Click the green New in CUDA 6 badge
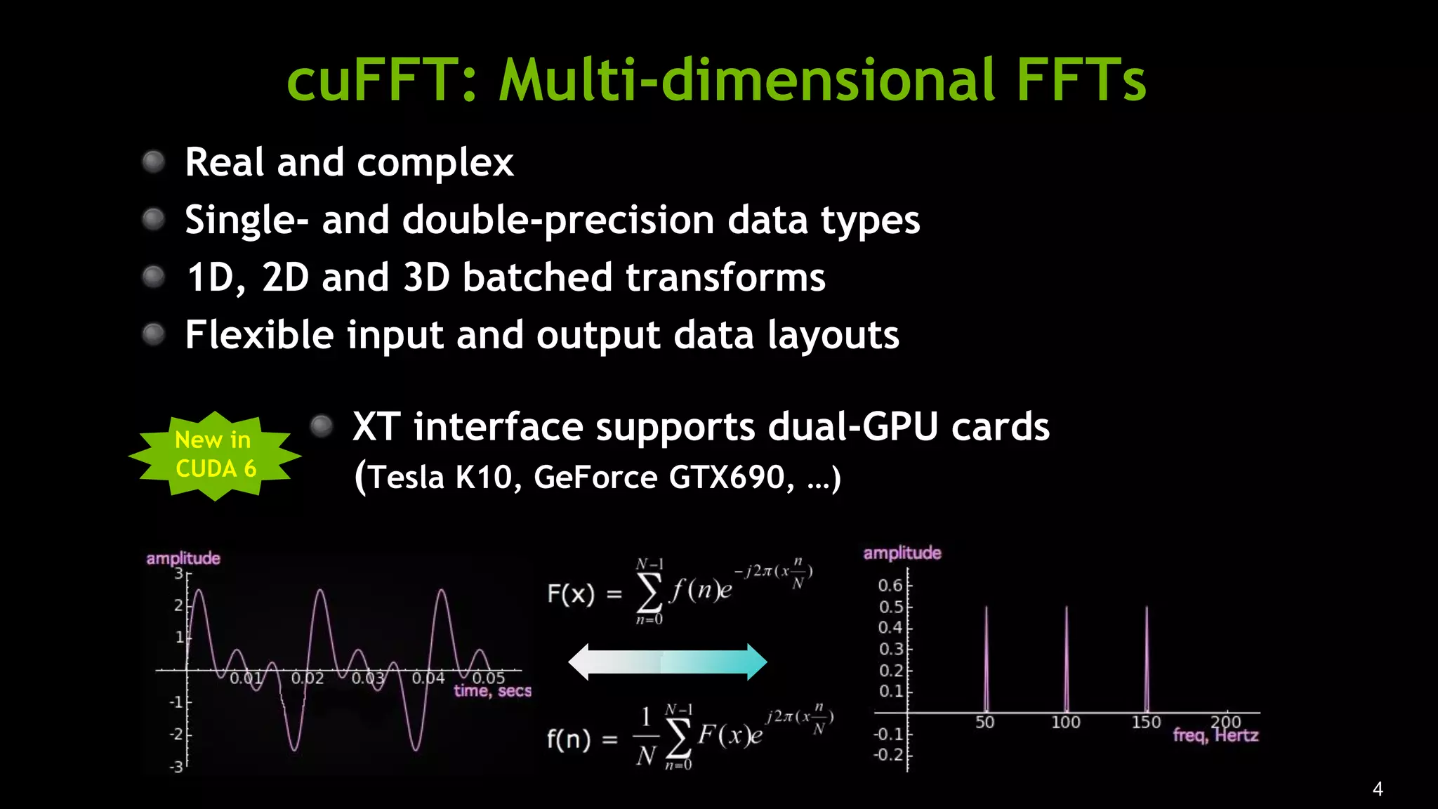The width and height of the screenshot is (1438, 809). (x=215, y=455)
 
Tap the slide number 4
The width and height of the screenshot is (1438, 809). (x=1378, y=789)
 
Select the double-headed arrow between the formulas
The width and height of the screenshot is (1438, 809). (x=667, y=662)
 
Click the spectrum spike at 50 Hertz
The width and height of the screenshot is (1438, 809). (x=986, y=660)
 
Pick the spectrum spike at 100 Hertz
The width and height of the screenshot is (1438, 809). (x=1066, y=660)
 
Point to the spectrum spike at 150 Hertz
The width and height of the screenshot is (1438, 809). (x=1147, y=660)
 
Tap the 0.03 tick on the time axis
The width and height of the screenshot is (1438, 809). (x=369, y=678)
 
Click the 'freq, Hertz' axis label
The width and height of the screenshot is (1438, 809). (x=1215, y=735)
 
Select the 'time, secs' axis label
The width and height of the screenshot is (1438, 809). (x=492, y=691)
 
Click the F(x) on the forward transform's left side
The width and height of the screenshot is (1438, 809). (x=571, y=594)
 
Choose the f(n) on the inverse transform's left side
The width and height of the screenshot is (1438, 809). (x=569, y=739)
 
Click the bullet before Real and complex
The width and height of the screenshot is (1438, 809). (x=153, y=162)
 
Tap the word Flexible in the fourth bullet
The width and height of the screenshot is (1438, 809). (x=259, y=334)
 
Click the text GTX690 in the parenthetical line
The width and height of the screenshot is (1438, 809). (x=727, y=478)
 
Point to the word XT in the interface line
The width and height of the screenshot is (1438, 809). (x=376, y=427)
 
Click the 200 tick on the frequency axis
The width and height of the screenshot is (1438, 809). (x=1226, y=721)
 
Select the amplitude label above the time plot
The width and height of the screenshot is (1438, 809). (x=183, y=558)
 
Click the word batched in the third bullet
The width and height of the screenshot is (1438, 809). (x=537, y=277)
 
